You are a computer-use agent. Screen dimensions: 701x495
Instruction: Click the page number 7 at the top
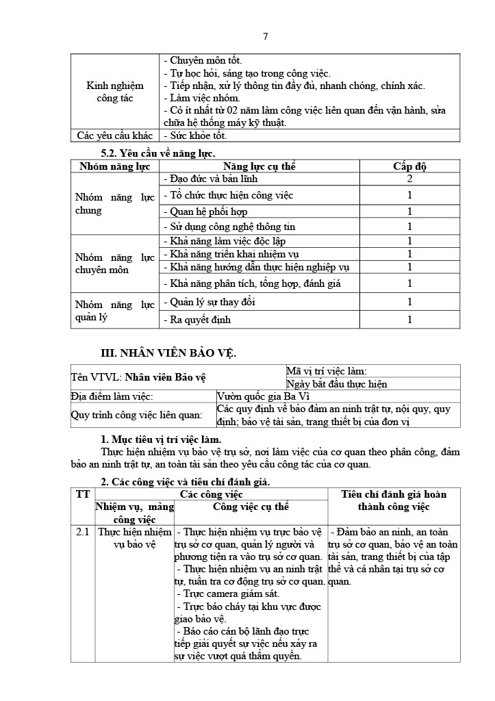point(265,36)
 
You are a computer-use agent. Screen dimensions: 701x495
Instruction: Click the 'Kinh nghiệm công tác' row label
point(115,92)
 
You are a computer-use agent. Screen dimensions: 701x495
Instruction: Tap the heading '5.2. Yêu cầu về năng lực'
point(158,154)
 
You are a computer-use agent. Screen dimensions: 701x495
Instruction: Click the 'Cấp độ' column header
point(409,166)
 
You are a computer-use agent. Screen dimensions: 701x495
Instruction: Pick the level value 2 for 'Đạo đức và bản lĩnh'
point(409,179)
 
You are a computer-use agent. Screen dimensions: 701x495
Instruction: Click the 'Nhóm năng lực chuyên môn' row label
point(115,264)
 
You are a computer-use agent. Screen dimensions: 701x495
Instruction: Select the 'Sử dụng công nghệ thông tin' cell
point(223,227)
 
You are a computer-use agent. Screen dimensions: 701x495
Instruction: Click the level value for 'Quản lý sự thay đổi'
point(409,302)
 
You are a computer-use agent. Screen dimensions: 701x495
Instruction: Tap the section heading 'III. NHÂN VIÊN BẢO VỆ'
point(168,353)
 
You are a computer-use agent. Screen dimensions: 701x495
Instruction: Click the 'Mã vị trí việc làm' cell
point(327,371)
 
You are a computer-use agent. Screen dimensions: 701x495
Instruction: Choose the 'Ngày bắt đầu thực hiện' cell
point(337,384)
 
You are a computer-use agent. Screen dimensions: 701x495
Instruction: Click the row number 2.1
point(83,531)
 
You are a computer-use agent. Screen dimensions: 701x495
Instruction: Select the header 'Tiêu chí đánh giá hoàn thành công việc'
point(394,500)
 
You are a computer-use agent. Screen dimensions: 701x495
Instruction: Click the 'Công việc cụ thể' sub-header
point(251,507)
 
